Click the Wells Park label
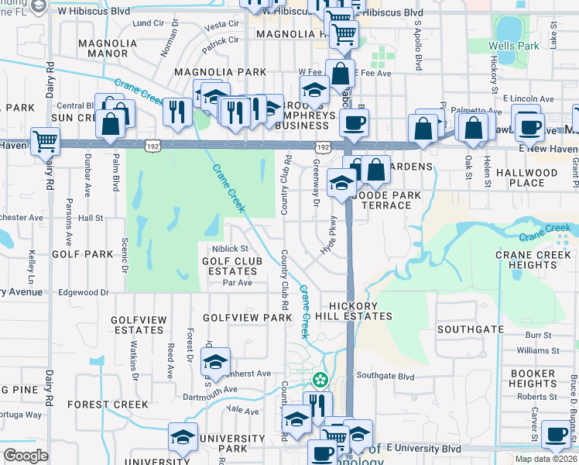513,46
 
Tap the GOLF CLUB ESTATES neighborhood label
229,267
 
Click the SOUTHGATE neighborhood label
470,329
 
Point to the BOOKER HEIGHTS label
533,378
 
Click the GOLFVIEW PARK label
247,318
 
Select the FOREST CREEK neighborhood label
107,405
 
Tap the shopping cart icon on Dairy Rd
46,142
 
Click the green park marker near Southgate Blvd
320,381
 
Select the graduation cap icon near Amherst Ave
216,362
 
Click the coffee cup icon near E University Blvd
555,434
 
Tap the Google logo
26,456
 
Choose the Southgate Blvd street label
385,377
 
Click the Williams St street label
532,350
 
